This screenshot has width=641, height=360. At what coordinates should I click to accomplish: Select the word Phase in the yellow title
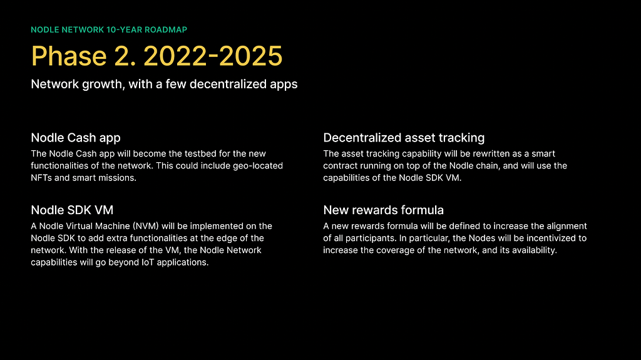coord(69,56)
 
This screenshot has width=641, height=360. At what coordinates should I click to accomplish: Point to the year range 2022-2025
coord(213,56)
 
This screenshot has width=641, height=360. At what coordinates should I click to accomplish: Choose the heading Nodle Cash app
coord(76,138)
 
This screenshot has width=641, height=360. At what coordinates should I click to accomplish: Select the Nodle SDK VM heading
coord(72,210)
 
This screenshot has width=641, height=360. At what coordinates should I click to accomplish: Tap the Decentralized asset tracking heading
coord(404,138)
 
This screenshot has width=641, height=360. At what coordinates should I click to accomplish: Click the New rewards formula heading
coord(384,210)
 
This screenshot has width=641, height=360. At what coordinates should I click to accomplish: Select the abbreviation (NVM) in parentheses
coord(145,226)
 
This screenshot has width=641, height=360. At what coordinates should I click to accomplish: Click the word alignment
coord(567,226)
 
